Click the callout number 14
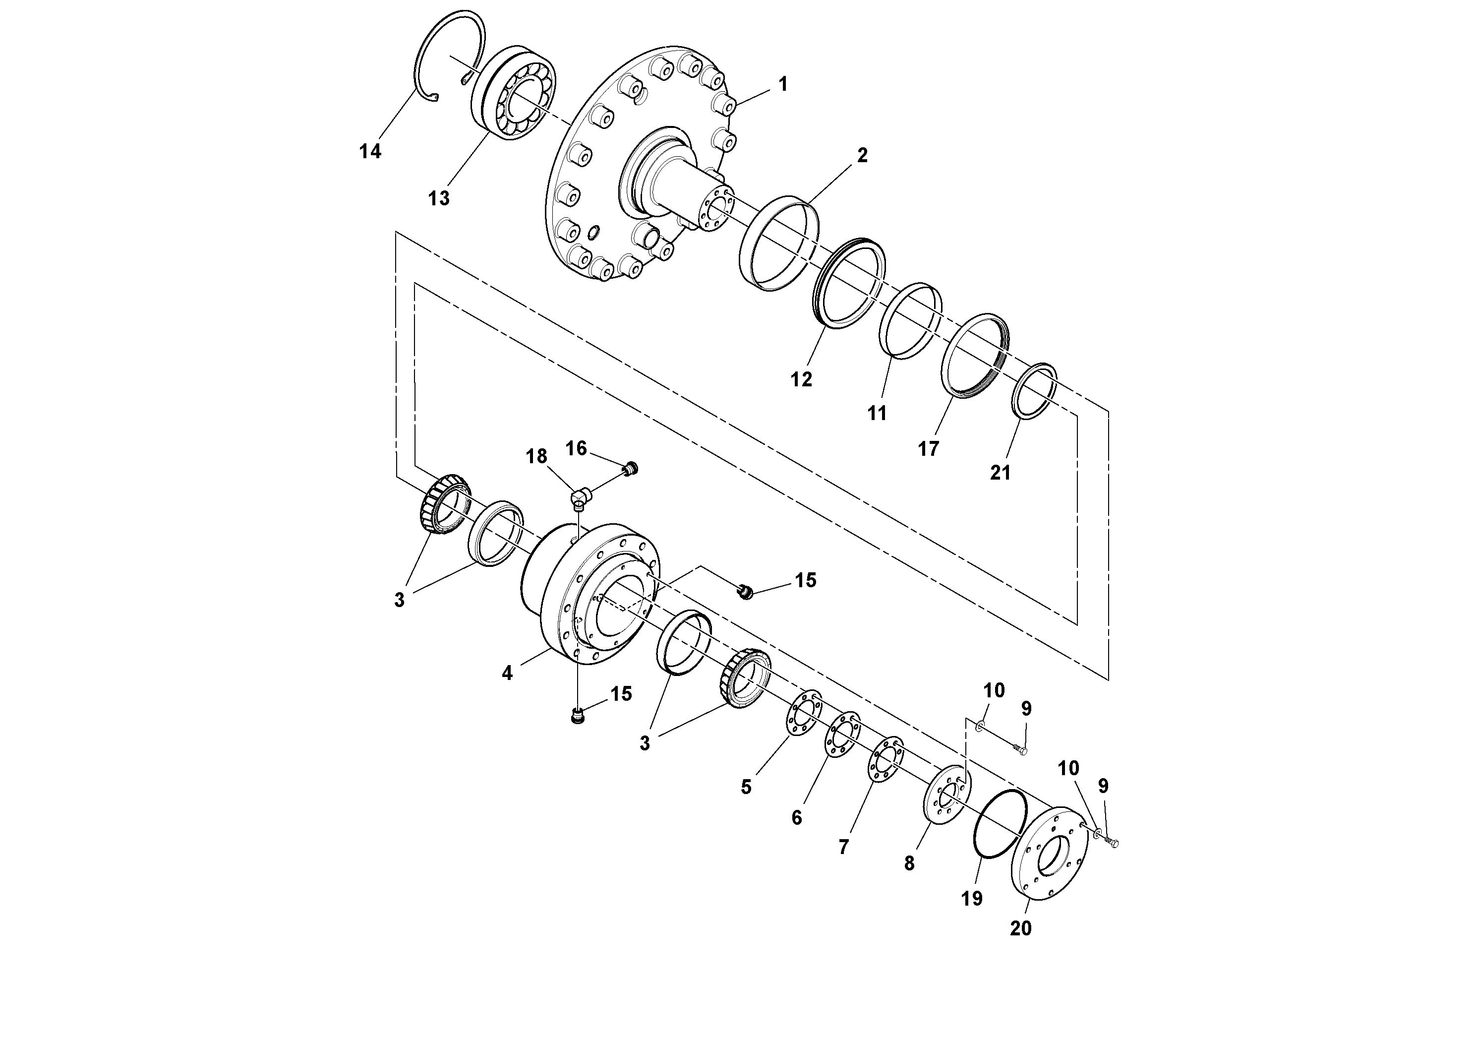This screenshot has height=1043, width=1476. tap(370, 152)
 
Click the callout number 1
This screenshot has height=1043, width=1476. tap(782, 84)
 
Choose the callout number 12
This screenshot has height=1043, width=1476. tap(801, 380)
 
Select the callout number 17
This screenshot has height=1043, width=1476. tap(928, 449)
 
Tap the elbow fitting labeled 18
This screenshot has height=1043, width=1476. tap(580, 497)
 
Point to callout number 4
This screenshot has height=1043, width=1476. tap(507, 673)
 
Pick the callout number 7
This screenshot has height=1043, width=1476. tap(843, 847)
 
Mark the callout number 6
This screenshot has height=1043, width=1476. tap(796, 818)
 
